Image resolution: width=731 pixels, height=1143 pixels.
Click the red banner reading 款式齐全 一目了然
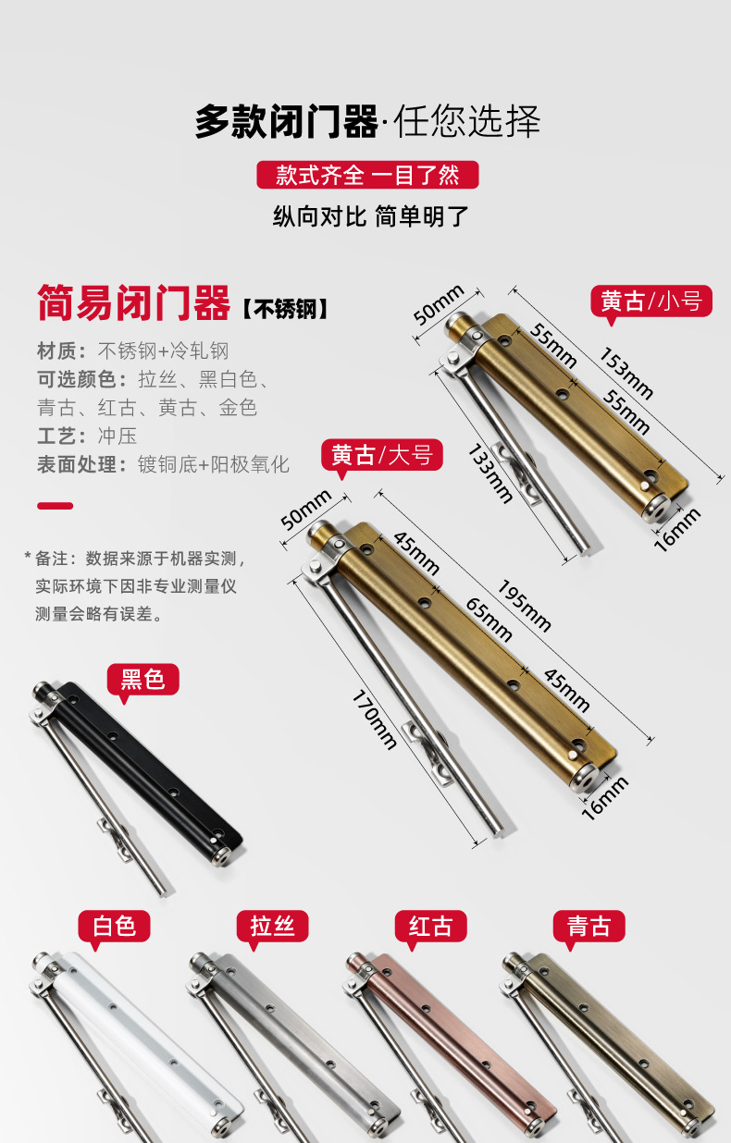click(367, 175)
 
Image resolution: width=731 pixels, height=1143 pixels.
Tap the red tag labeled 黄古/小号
click(651, 301)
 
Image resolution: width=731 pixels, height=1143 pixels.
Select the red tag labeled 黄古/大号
click(382, 455)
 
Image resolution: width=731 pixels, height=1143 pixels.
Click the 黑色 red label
click(142, 679)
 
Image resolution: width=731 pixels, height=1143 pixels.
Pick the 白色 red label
click(114, 926)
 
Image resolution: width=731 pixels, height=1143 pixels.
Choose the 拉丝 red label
click(272, 926)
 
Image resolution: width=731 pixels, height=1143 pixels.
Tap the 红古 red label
click(431, 926)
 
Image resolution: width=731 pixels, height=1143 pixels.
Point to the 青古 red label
click(589, 926)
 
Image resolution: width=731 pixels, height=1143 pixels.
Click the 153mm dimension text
click(626, 374)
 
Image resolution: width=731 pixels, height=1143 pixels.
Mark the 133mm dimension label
click(490, 473)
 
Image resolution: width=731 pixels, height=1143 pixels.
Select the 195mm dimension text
click(525, 607)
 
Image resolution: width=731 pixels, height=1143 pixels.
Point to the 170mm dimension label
click(375, 719)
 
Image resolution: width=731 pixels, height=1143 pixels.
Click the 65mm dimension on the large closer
click(489, 620)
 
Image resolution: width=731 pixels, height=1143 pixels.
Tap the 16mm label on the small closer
click(677, 530)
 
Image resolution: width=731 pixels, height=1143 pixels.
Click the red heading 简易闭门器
click(134, 302)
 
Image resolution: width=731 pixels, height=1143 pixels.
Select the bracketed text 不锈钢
click(285, 309)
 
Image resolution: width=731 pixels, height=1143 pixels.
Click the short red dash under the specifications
click(56, 506)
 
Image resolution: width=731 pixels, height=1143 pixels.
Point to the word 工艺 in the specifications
click(56, 436)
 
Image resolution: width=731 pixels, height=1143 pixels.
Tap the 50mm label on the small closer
click(439, 304)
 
